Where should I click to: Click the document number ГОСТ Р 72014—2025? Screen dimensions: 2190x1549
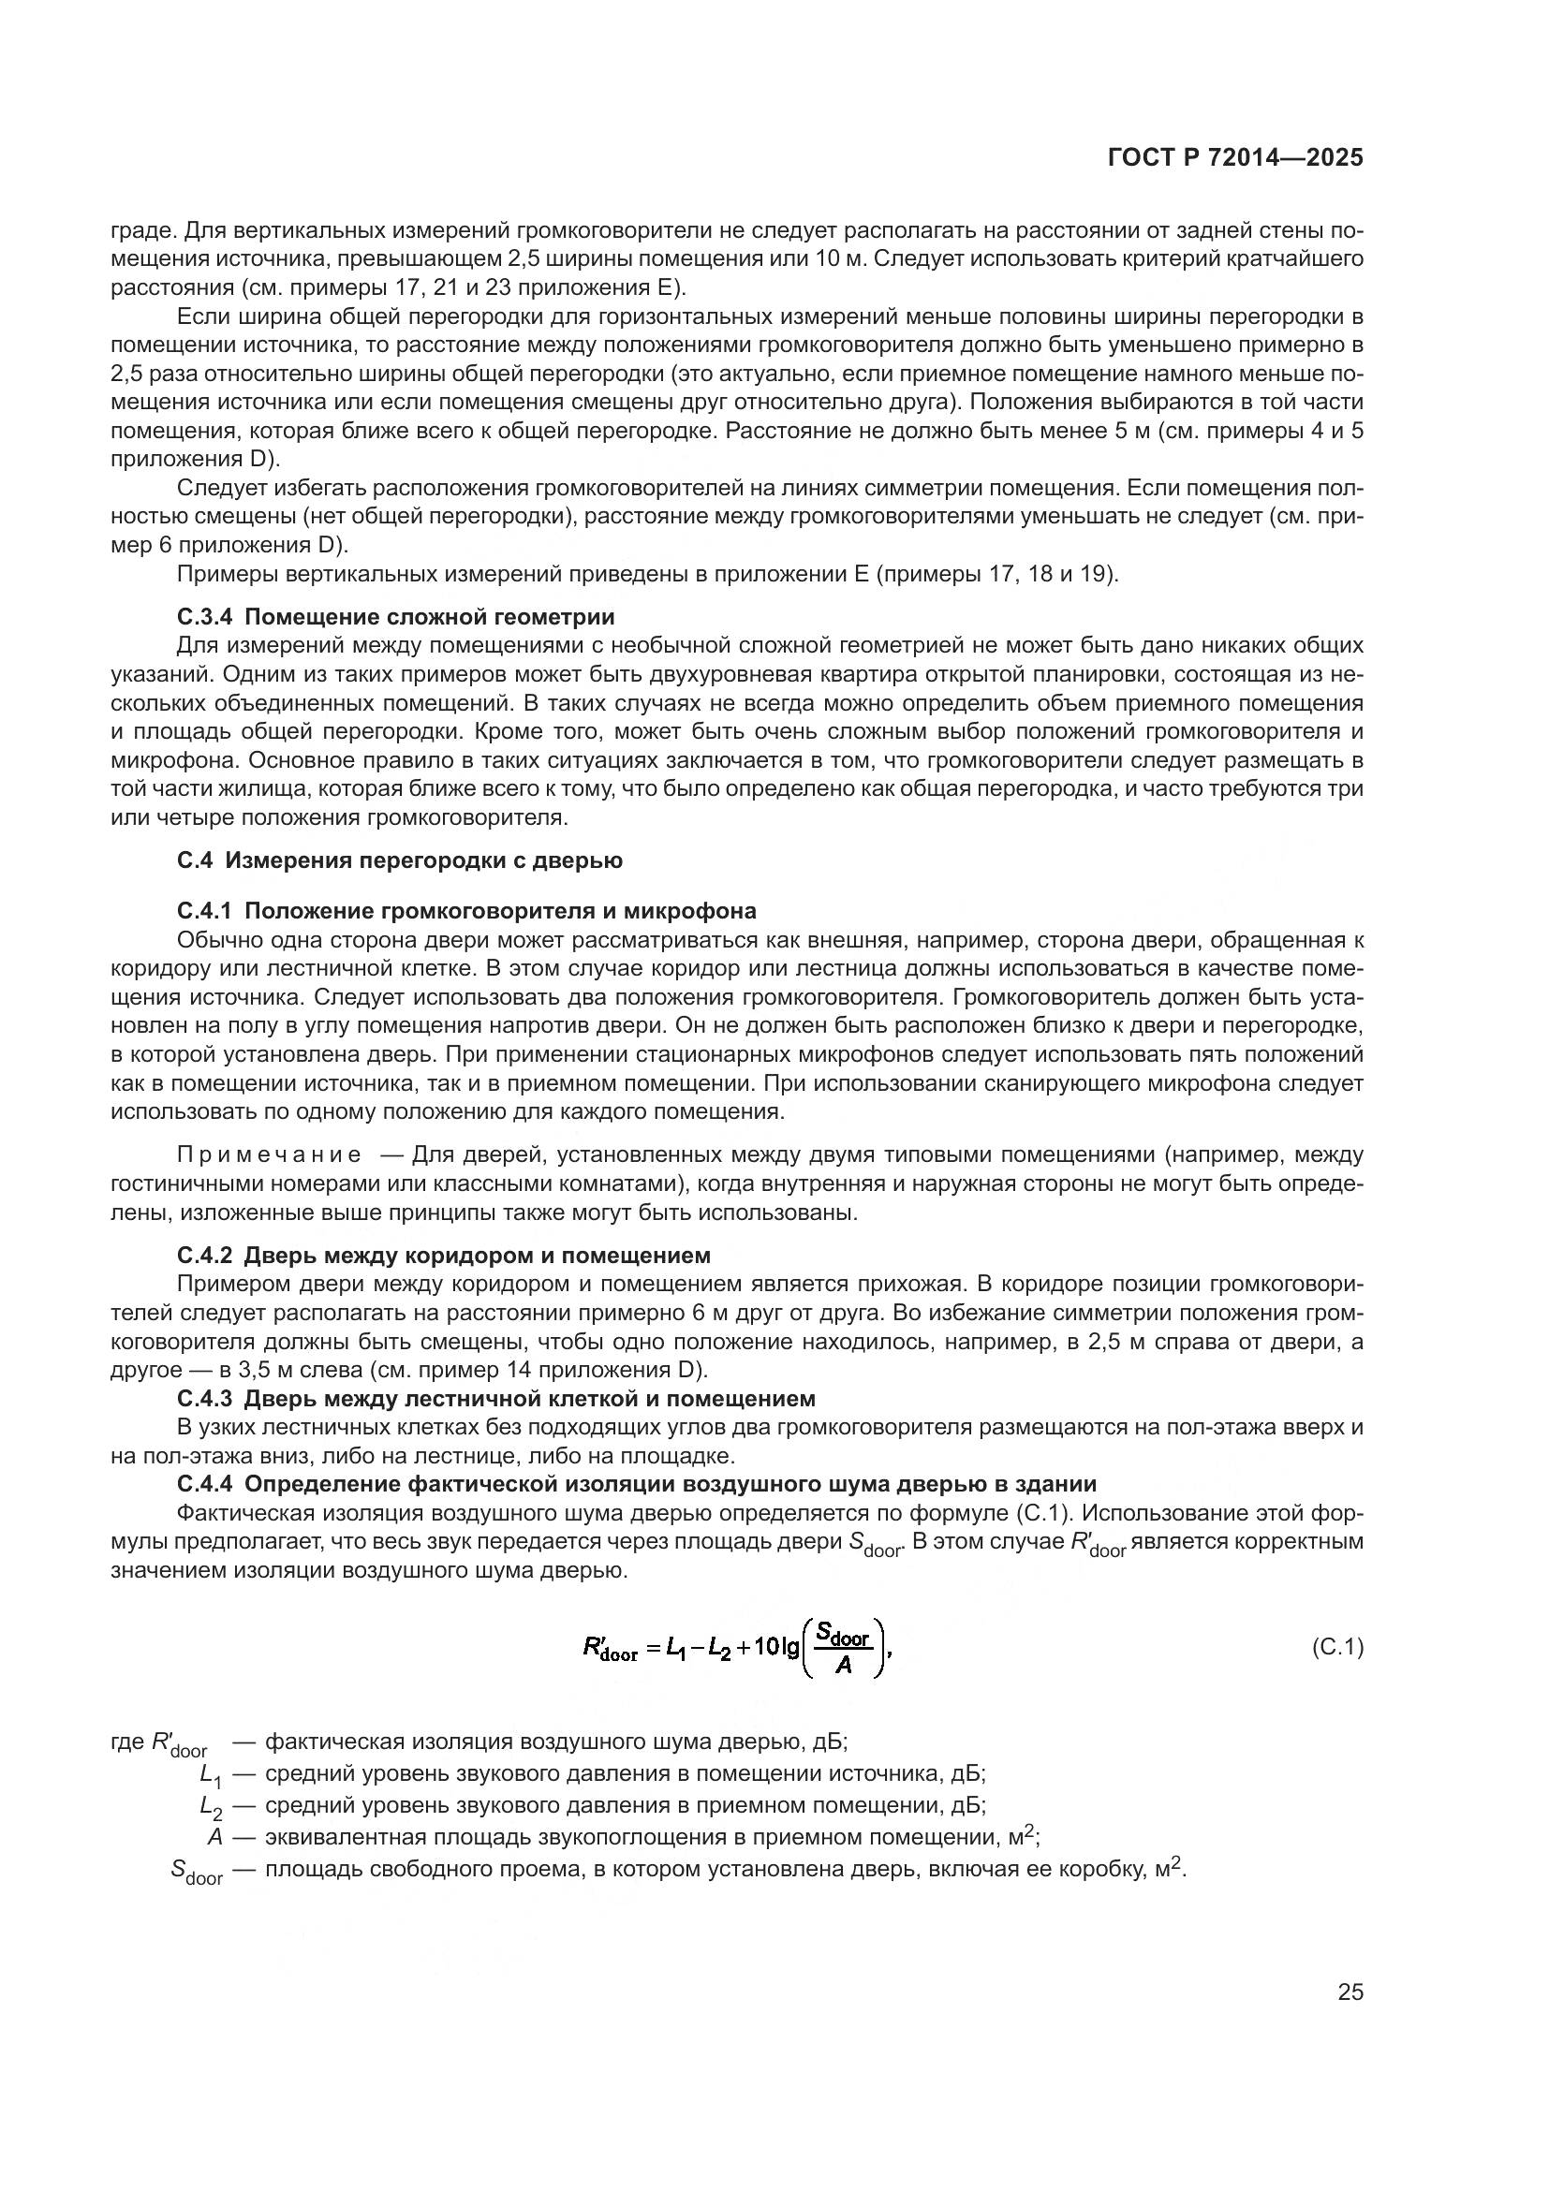[x=1235, y=158]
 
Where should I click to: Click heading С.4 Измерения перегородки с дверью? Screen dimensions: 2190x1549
[x=400, y=860]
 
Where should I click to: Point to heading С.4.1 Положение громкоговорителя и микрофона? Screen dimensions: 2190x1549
[x=466, y=910]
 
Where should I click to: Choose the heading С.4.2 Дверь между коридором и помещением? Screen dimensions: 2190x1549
[x=444, y=1255]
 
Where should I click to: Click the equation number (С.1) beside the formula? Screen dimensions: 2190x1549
[x=1337, y=1646]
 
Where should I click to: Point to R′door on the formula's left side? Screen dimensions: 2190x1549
[x=610, y=1649]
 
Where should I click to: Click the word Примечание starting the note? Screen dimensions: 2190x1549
[x=270, y=1155]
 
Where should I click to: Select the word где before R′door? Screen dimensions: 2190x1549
[x=127, y=1742]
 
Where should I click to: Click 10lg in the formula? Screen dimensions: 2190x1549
[x=775, y=1647]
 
